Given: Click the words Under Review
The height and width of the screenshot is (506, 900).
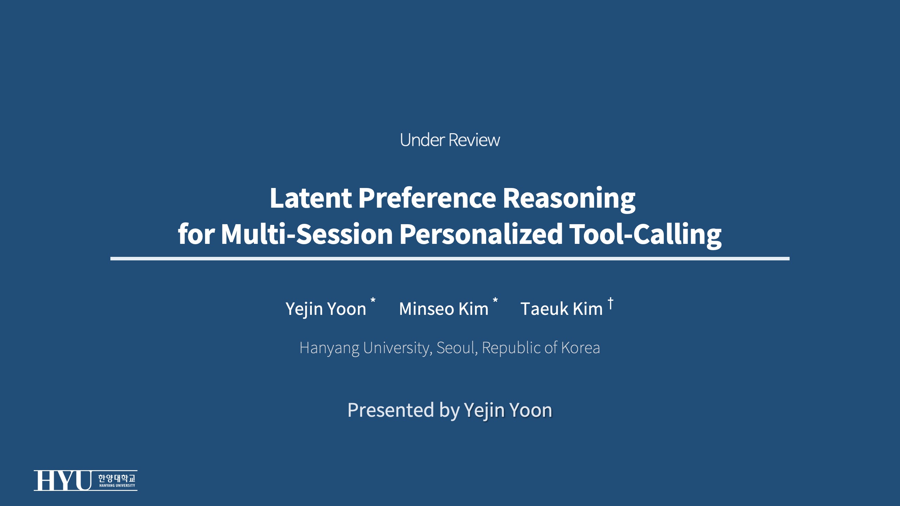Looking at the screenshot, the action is [x=450, y=140].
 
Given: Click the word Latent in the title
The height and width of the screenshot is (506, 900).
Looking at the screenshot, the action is [x=311, y=198].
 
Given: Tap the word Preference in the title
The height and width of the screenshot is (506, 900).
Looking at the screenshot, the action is [x=427, y=198].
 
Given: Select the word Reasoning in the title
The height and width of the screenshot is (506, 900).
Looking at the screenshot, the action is [x=569, y=199].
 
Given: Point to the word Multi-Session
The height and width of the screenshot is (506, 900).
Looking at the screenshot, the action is [x=307, y=234].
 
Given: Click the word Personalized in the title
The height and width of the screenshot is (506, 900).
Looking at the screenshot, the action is [x=481, y=234].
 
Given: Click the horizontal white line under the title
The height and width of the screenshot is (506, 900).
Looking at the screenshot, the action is [x=450, y=259].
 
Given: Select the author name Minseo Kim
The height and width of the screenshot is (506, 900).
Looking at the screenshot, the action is [x=444, y=309].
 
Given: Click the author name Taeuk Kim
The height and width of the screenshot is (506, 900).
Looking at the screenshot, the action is [x=561, y=309].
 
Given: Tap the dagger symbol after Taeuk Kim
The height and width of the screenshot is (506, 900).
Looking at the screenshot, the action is [x=610, y=303].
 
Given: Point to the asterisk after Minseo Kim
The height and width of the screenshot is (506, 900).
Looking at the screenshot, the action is [x=495, y=301].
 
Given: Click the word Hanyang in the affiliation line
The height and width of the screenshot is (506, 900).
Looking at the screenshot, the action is [x=329, y=348].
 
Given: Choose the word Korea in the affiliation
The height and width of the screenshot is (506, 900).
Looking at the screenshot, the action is [x=580, y=348].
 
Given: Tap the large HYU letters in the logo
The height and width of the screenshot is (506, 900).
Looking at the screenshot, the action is [x=62, y=480].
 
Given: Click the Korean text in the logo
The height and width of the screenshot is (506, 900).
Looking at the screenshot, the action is [x=117, y=478].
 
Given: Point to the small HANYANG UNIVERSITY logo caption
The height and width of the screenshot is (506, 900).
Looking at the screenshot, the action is [x=117, y=486].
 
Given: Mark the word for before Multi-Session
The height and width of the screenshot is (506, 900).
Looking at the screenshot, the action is [x=196, y=234].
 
